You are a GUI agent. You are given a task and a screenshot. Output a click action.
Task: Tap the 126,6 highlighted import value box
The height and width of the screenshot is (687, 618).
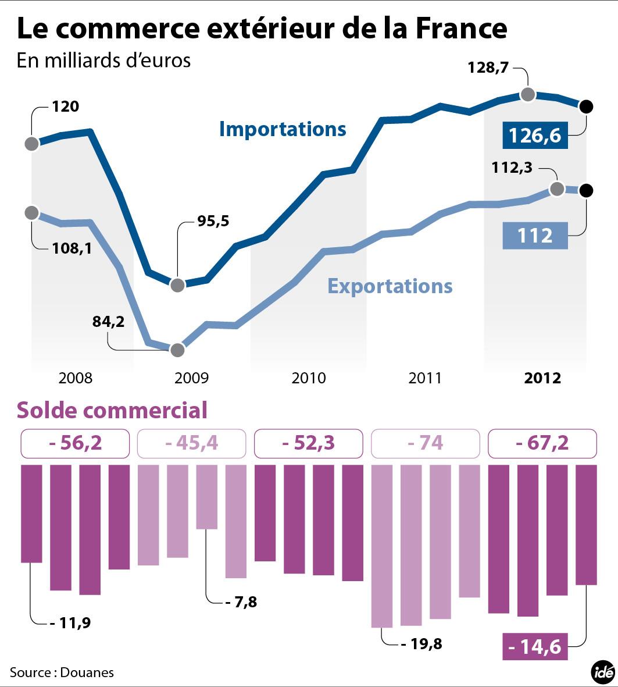[535, 135]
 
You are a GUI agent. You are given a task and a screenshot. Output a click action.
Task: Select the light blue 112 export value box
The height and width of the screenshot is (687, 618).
[535, 236]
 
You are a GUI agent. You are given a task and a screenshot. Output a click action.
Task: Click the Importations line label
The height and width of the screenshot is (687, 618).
[283, 129]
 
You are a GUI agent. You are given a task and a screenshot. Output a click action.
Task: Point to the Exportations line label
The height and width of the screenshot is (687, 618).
[390, 286]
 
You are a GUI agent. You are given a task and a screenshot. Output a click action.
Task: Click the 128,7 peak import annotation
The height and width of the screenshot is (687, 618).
[488, 68]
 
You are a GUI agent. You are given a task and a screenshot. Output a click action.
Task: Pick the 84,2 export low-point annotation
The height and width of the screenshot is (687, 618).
[109, 321]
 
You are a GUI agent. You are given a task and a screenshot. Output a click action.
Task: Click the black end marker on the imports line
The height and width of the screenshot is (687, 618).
[586, 106]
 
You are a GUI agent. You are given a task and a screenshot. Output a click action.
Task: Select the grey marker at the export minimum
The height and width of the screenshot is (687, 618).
[178, 350]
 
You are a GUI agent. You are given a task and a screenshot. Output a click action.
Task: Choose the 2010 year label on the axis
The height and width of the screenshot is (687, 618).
[309, 378]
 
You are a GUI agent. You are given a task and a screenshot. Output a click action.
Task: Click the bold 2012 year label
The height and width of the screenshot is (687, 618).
[542, 378]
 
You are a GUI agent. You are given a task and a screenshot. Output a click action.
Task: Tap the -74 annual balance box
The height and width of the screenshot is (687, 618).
[426, 443]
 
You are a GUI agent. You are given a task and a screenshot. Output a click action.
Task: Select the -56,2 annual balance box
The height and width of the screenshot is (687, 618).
[76, 443]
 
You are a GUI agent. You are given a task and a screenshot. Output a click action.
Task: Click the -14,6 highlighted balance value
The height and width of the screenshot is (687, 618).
[535, 646]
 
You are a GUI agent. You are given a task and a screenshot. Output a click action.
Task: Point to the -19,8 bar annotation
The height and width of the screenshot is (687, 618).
[422, 644]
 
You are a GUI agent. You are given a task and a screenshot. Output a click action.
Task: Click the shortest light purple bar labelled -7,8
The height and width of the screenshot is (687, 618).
[207, 497]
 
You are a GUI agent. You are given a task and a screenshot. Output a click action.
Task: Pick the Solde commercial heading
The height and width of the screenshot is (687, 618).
[112, 410]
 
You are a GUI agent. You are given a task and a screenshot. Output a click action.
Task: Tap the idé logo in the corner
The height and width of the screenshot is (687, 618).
[603, 672]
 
